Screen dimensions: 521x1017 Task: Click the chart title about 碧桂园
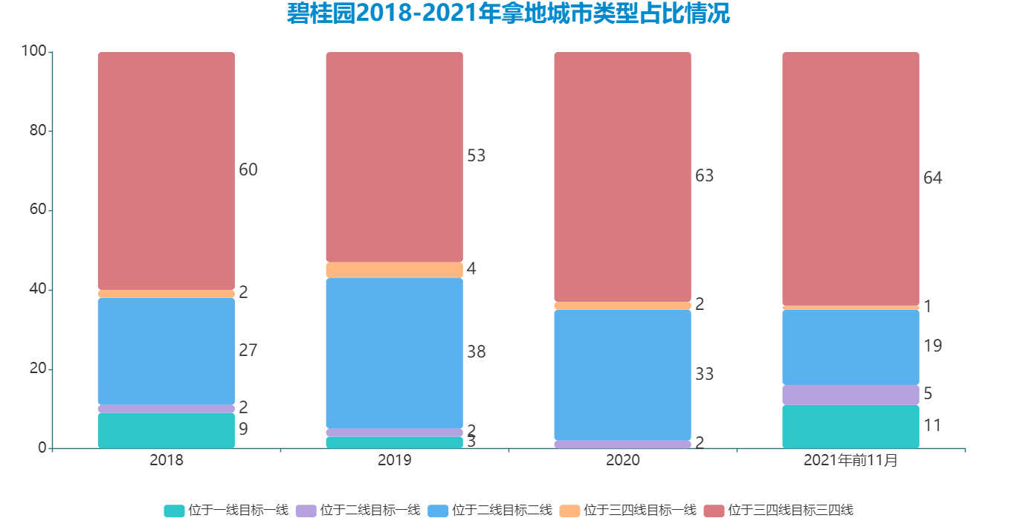(x=508, y=13)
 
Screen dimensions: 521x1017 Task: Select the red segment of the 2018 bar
(x=167, y=171)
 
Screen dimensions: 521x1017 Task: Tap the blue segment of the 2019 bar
(x=395, y=352)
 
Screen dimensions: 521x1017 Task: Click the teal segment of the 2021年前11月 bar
(x=850, y=427)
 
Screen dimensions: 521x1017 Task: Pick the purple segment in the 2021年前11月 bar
(x=850, y=395)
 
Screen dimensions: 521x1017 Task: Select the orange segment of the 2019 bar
(x=395, y=270)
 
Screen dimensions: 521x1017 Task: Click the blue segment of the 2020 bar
(x=623, y=375)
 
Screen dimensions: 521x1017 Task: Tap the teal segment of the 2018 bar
(x=167, y=430)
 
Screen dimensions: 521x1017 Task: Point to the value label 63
(x=704, y=176)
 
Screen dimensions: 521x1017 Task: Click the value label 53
(x=476, y=156)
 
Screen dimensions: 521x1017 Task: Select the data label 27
(x=248, y=351)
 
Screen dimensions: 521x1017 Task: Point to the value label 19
(x=932, y=346)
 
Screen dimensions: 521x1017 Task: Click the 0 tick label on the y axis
(x=42, y=448)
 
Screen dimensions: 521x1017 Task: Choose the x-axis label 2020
(x=623, y=461)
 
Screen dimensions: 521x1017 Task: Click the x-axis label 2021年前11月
(x=850, y=461)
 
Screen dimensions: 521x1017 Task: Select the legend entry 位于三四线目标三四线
(x=790, y=511)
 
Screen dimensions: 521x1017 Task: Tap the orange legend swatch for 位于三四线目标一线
(x=569, y=511)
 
